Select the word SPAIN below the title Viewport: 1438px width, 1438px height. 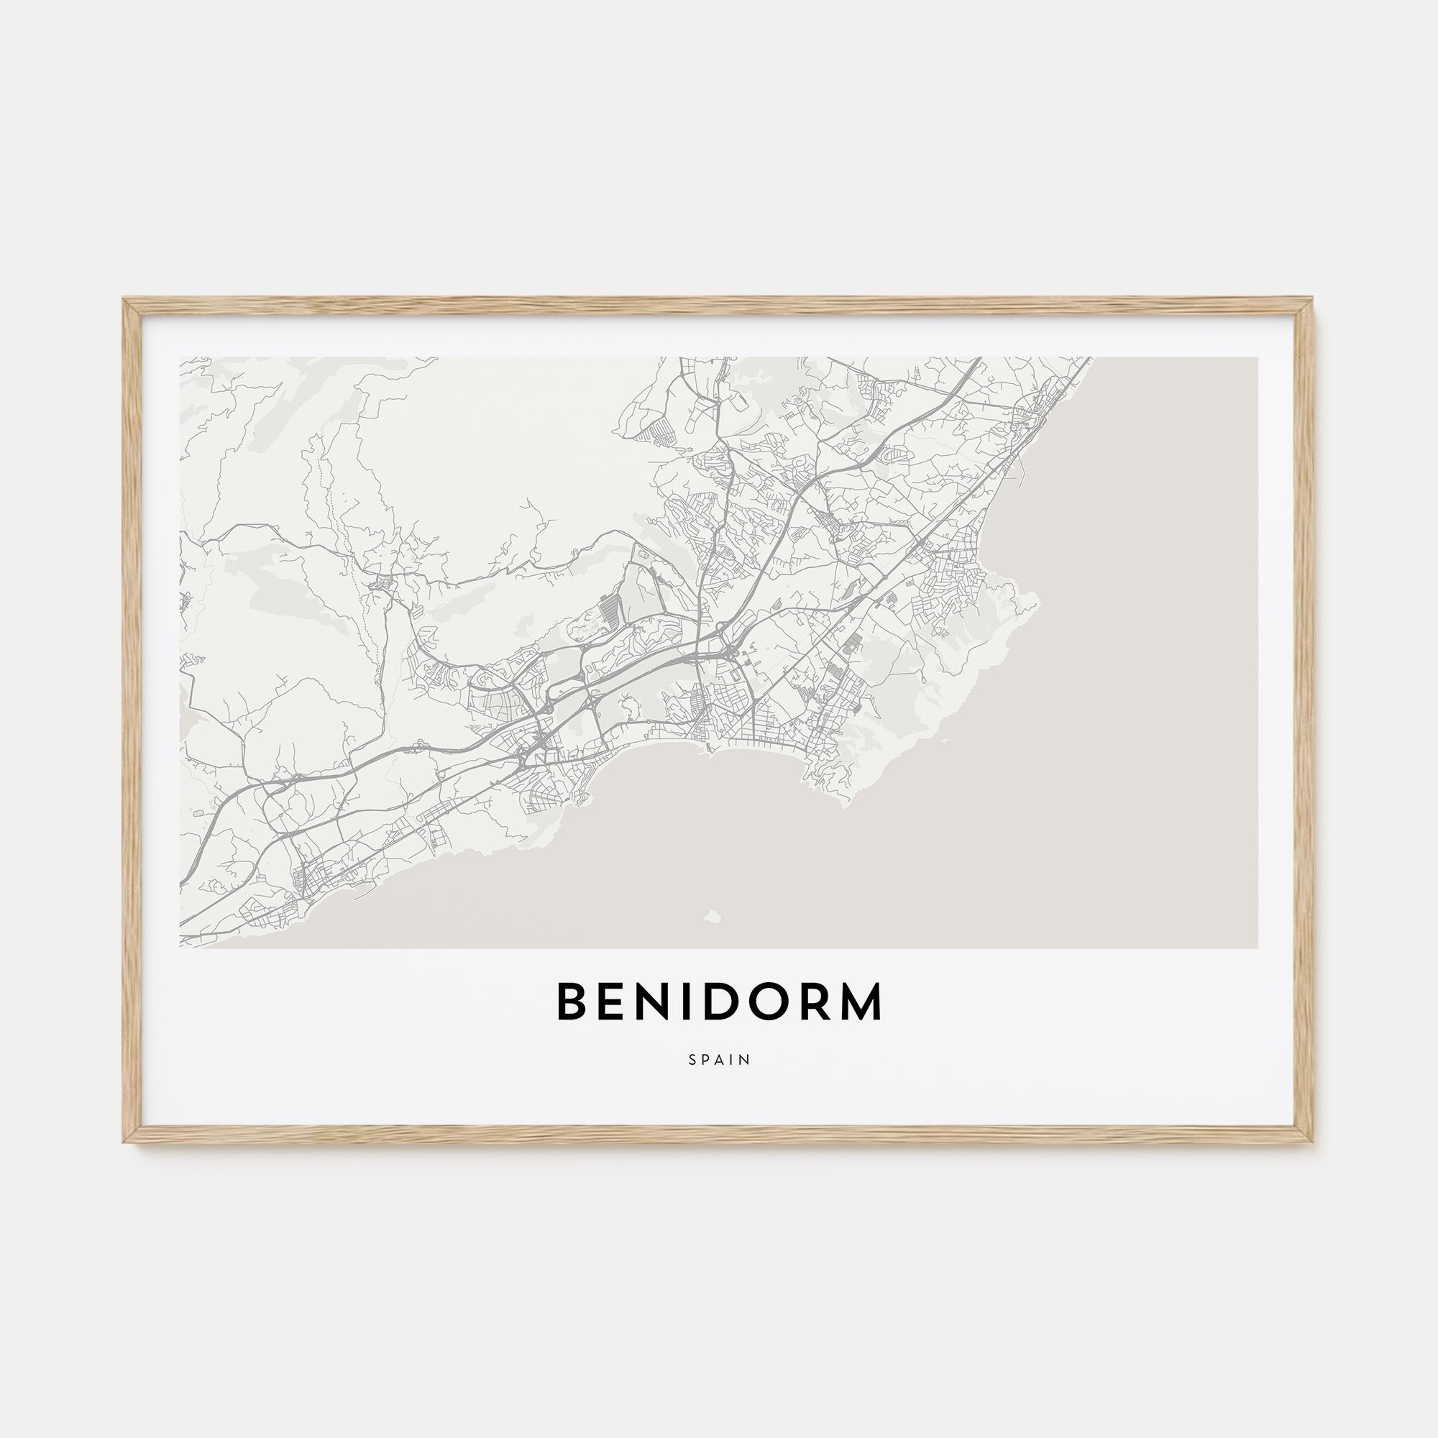point(719,1059)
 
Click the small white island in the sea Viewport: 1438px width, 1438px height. point(713,916)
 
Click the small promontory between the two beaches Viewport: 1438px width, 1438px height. point(707,749)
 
